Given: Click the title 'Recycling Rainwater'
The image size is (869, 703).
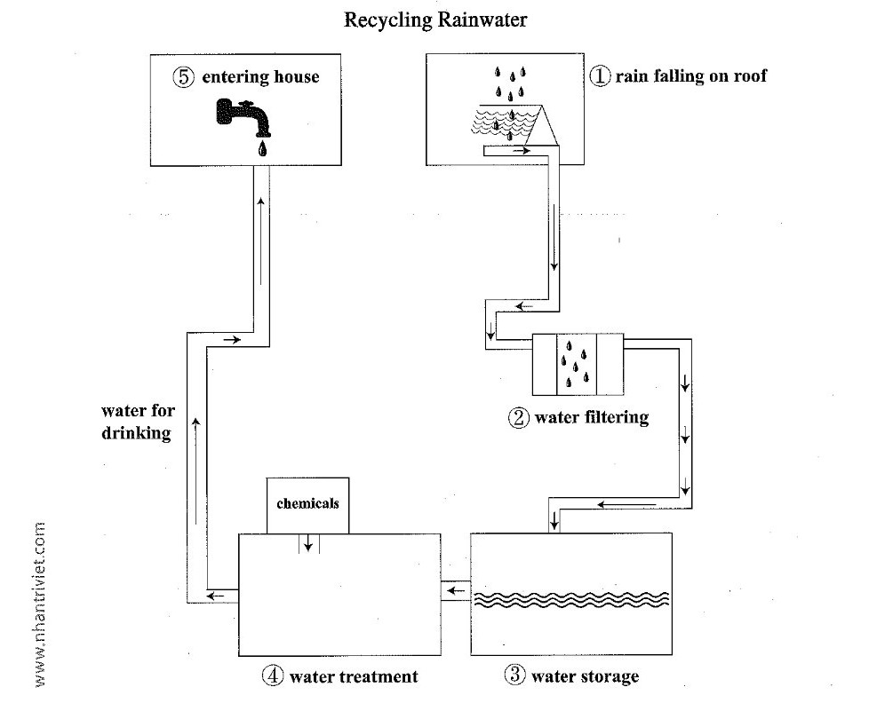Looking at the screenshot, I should pyautogui.click(x=435, y=20).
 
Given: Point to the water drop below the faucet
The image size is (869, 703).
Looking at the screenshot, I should pyautogui.click(x=262, y=148).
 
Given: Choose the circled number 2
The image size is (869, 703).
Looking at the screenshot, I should pyautogui.click(x=519, y=417).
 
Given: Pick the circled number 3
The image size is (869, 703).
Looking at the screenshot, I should pyautogui.click(x=516, y=675).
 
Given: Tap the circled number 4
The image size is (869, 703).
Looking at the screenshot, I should pyautogui.click(x=272, y=675).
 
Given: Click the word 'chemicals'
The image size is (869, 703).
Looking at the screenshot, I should pyautogui.click(x=307, y=502).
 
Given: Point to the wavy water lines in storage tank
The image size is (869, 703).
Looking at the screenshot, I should pyautogui.click(x=570, y=599).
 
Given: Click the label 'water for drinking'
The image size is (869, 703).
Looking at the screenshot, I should pyautogui.click(x=139, y=423).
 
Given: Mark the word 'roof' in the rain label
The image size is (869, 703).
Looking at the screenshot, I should pyautogui.click(x=749, y=76).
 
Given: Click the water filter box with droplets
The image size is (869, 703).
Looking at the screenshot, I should pyautogui.click(x=578, y=364).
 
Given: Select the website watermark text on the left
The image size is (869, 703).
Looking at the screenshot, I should pyautogui.click(x=40, y=604).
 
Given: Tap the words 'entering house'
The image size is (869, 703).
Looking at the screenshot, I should pyautogui.click(x=260, y=77).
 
